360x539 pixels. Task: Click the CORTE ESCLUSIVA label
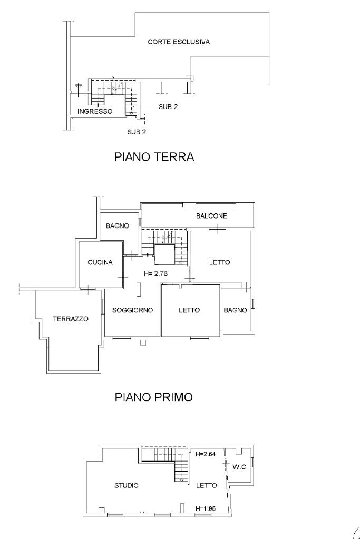(179, 42)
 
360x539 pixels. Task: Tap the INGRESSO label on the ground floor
(95, 111)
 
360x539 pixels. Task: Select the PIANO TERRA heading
(154, 157)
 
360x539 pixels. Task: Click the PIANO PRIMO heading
(153, 397)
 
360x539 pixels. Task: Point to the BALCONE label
(211, 216)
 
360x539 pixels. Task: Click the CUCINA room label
(100, 262)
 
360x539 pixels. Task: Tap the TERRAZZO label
(71, 319)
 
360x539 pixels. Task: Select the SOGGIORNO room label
(132, 310)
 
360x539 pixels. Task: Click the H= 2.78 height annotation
(155, 274)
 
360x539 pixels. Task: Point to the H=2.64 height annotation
(205, 454)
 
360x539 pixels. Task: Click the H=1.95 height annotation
(205, 508)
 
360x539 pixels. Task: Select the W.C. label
(240, 467)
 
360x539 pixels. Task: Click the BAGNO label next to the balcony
(118, 226)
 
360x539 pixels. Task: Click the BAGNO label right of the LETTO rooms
(235, 310)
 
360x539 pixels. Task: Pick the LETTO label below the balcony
(219, 262)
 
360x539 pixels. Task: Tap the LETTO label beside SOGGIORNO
(189, 310)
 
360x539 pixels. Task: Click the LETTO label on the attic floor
(206, 485)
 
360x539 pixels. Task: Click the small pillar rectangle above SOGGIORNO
(139, 289)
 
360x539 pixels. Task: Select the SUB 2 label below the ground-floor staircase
(137, 132)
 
